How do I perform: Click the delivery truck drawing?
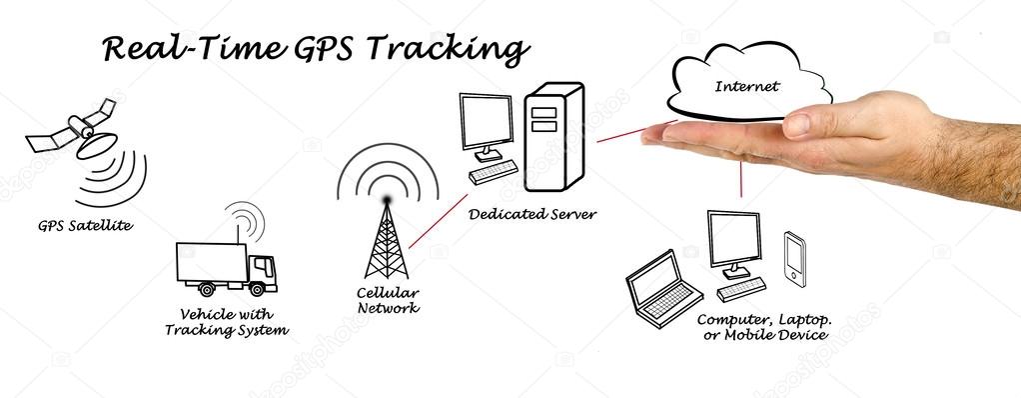pos(225,268)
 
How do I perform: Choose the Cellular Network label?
pos(389,300)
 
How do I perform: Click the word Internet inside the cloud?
pos(746,86)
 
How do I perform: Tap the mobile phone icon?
pos(795,257)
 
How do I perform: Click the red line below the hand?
pos(740,179)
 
